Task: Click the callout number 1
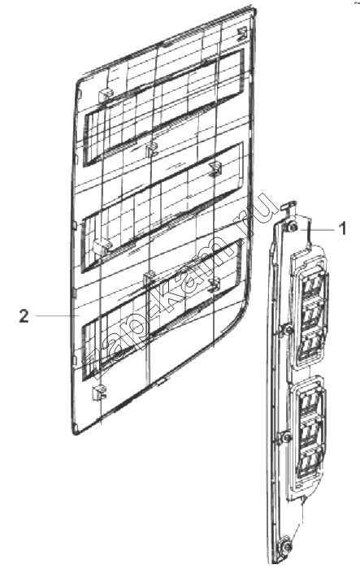[x=342, y=229]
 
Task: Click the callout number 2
[x=24, y=316]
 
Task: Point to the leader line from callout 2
[x=58, y=316]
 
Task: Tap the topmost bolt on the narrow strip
[x=293, y=228]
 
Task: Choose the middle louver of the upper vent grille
[x=310, y=312]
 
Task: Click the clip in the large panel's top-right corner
[x=241, y=34]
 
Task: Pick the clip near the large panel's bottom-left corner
[x=98, y=393]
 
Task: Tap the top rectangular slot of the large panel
[x=163, y=108]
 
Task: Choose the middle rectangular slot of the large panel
[x=163, y=206]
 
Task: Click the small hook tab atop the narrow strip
[x=288, y=207]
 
